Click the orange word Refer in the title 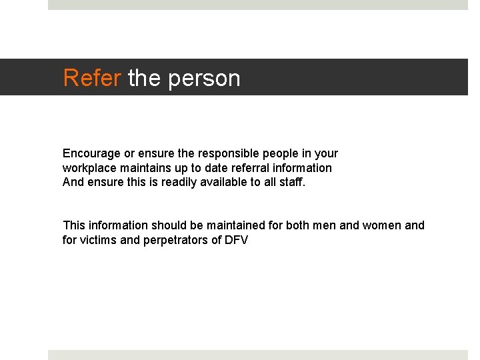pyautogui.click(x=92, y=78)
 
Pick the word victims pyautogui.click(x=100, y=240)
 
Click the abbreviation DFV pyautogui.click(x=237, y=240)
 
